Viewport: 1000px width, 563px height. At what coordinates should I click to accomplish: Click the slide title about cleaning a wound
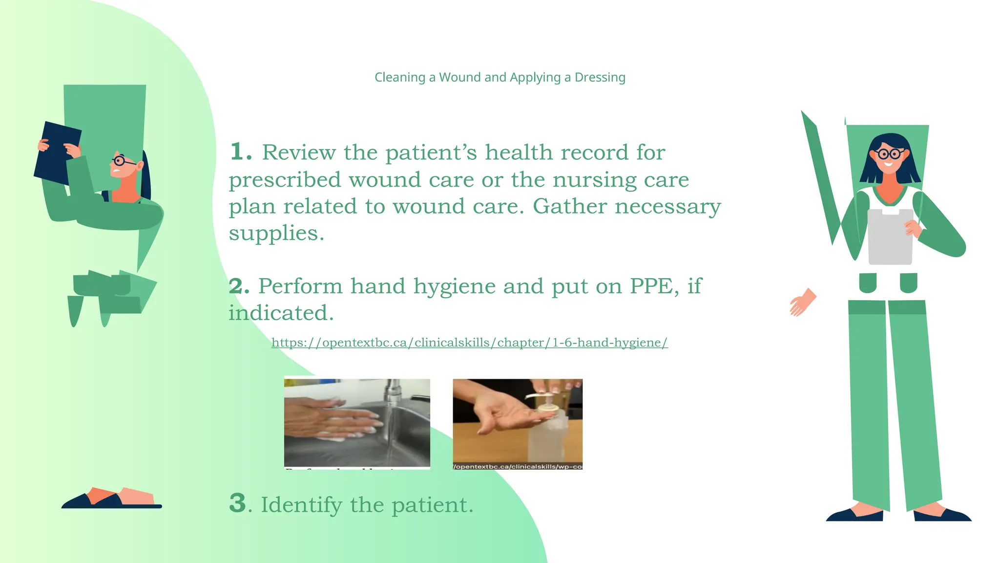tap(500, 77)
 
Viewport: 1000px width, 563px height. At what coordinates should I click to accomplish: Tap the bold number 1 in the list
tap(240, 152)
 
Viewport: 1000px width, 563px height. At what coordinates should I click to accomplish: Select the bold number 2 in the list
tap(239, 286)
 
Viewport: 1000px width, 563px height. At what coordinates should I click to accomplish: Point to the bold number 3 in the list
tap(238, 503)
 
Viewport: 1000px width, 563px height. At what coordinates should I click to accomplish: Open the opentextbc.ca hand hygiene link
tap(469, 343)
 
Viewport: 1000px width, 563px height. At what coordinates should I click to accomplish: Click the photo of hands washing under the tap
tap(357, 423)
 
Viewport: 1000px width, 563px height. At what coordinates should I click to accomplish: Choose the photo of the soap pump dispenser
tap(517, 423)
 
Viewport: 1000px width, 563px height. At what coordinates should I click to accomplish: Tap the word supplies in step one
tap(276, 233)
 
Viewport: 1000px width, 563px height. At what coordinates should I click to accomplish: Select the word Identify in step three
tap(301, 504)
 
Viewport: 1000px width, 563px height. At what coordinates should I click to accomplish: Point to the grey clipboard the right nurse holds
tap(890, 237)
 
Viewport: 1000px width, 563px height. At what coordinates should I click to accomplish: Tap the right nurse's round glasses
tap(889, 154)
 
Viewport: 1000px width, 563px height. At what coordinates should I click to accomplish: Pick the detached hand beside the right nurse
tap(802, 303)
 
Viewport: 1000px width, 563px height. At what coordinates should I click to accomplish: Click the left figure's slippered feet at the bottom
tap(112, 498)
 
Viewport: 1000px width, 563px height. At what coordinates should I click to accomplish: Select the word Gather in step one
tap(569, 206)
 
